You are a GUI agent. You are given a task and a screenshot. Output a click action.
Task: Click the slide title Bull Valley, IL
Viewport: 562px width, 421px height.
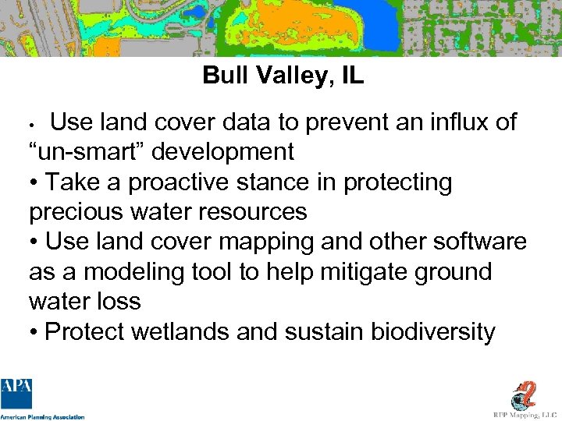[283, 76]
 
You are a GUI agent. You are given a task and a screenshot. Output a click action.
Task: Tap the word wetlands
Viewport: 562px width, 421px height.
[181, 332]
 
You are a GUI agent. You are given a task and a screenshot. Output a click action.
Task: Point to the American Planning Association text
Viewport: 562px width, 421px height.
[42, 417]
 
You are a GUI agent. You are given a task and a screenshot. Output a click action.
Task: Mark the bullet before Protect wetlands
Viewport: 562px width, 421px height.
[34, 333]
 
